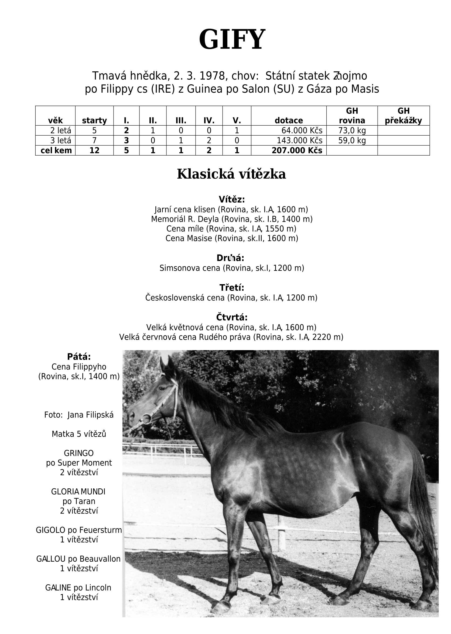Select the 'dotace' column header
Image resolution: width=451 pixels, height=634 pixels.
289,120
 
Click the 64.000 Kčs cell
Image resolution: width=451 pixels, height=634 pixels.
302,130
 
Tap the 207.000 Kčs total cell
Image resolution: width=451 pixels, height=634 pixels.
297,150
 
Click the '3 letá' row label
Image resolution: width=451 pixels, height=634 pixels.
60,140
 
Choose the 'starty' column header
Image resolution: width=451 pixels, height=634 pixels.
94,120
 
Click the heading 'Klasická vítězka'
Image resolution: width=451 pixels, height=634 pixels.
231,174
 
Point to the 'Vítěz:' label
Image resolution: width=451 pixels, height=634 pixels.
232,199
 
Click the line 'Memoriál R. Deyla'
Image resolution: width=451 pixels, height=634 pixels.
232,219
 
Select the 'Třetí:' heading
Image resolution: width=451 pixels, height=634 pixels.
232,287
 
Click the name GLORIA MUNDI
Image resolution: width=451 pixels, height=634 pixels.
78,492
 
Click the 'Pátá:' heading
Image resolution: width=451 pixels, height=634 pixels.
79,357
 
